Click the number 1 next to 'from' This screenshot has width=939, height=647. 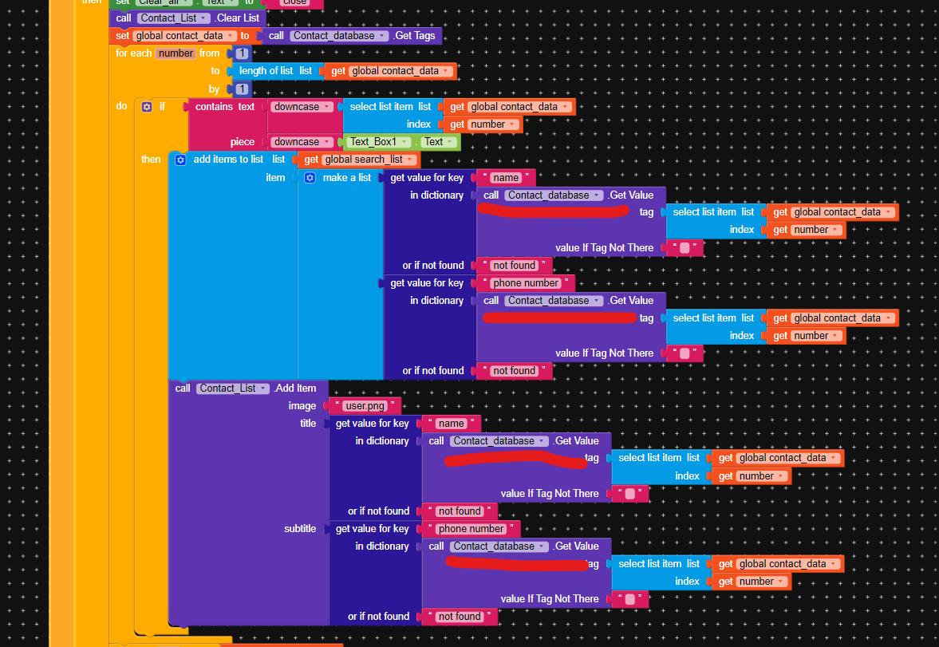242,53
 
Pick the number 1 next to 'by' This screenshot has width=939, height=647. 242,89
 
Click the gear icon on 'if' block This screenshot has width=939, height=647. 146,106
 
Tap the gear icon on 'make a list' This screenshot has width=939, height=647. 310,178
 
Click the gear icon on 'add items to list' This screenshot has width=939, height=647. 180,160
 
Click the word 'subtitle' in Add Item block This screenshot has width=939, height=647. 300,529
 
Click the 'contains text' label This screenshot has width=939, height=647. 225,107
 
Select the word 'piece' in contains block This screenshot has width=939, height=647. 243,142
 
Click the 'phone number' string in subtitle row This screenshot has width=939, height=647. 471,529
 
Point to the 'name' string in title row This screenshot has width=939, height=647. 451,424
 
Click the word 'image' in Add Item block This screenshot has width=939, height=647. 302,406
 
